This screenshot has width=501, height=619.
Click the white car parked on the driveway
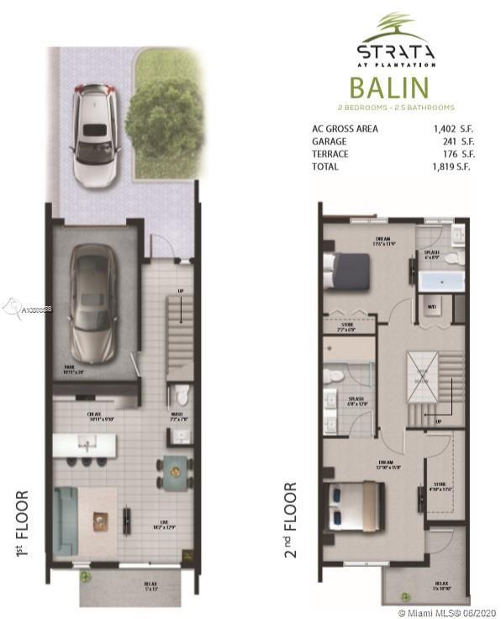[x=98, y=135]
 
